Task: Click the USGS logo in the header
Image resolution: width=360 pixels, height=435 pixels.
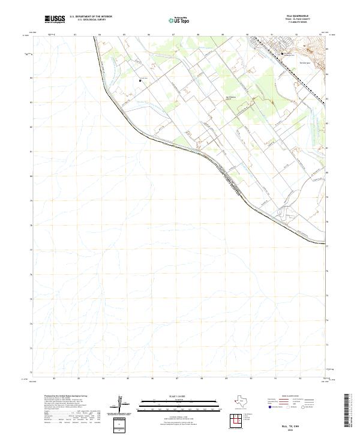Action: [x=55, y=19]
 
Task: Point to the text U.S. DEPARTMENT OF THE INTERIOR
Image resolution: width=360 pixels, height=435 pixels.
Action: [x=91, y=16]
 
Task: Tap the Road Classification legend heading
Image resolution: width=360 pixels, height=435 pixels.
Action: [x=289, y=396]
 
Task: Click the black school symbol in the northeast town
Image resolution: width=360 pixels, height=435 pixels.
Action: [x=283, y=54]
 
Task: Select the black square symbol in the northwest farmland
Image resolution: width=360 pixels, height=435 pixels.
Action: [x=140, y=80]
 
